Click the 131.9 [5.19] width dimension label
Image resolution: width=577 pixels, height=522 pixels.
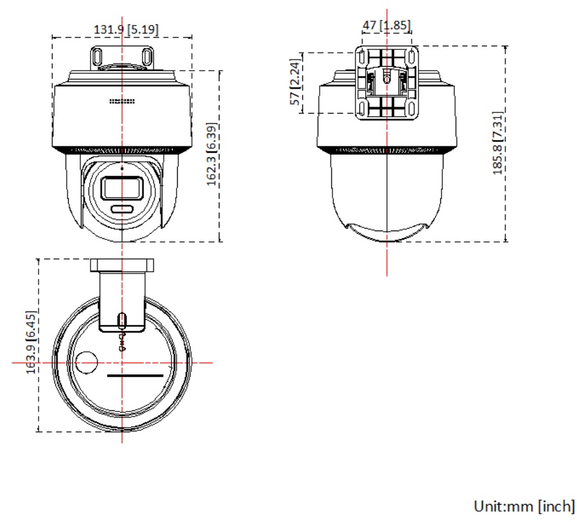tap(126, 30)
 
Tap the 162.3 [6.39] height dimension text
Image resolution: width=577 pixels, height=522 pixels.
tap(212, 154)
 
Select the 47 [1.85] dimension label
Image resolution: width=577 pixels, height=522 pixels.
tap(386, 26)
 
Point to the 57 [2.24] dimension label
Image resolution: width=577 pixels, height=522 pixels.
tap(296, 82)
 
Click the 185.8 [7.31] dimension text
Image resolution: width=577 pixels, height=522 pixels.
tap(497, 143)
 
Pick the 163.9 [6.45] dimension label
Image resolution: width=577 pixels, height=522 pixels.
tap(31, 342)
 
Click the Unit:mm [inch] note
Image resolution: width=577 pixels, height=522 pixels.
tap(524, 507)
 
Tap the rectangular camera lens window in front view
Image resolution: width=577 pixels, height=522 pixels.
tap(122, 189)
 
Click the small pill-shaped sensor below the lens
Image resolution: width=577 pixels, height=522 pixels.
tap(122, 209)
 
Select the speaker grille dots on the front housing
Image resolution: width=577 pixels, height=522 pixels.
tap(122, 101)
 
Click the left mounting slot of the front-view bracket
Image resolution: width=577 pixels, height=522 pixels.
tap(98, 57)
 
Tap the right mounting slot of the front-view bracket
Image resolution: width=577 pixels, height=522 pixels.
tap(147, 57)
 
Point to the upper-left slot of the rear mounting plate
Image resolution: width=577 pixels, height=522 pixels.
tap(362, 57)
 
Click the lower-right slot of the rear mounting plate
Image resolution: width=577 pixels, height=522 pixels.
tap(412, 109)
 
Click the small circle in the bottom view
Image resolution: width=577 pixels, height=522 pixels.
tap(87, 363)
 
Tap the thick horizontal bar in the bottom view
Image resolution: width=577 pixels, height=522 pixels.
tap(135, 376)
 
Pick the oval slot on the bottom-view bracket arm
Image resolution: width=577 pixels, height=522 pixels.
tap(121, 321)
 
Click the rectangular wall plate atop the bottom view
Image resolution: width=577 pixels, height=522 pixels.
tap(122, 265)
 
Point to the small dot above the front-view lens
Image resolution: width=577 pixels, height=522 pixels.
tap(122, 168)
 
